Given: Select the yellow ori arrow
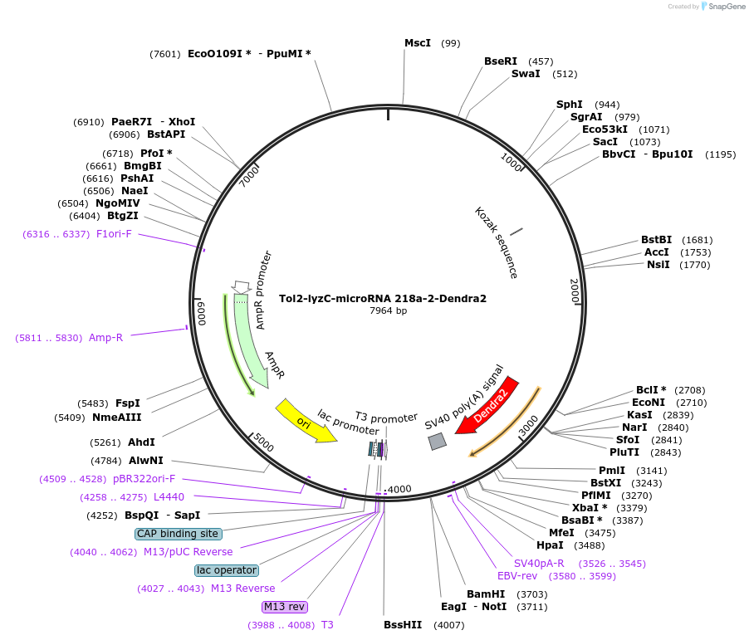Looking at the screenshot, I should [305, 421].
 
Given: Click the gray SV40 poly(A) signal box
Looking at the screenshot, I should [437, 442].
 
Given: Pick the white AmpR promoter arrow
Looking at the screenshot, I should [242, 286].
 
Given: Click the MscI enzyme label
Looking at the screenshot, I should [418, 42].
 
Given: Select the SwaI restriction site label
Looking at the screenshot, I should [526, 74].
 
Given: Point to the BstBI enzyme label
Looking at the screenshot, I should [656, 240].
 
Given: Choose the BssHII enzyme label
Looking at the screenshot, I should [403, 624].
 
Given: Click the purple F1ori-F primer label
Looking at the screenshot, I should [114, 234].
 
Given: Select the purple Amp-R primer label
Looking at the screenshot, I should [105, 338].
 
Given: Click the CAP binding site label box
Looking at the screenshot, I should [178, 534].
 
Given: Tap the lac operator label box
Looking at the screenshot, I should [227, 570].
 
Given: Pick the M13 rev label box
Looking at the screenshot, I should [285, 607].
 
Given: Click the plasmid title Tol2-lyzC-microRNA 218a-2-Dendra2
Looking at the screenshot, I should [383, 298].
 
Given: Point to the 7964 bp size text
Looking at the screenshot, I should [388, 311].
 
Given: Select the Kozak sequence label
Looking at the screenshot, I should [497, 242].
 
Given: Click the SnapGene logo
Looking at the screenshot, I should [722, 7].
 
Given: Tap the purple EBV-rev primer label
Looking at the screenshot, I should [517, 575].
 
